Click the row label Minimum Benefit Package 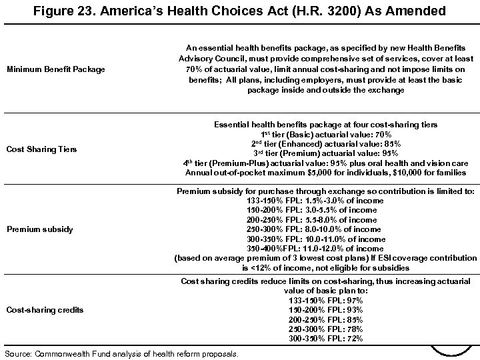click(56, 68)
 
